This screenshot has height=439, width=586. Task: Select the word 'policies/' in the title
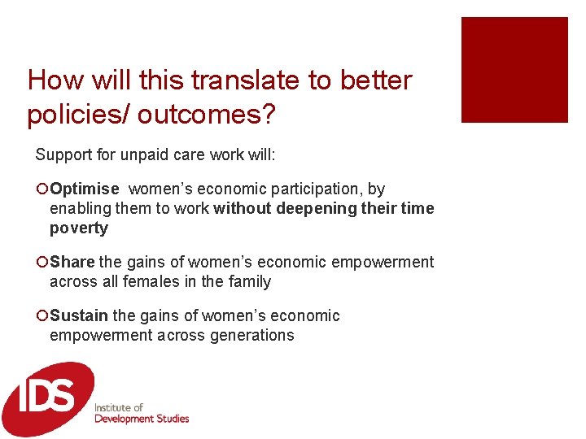click(78, 115)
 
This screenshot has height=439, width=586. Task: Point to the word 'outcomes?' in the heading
click(207, 115)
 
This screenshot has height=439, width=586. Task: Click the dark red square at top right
click(514, 70)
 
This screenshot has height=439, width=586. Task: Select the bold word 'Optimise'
click(84, 189)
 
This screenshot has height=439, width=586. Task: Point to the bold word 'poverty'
click(78, 228)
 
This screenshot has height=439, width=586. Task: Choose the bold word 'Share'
click(72, 263)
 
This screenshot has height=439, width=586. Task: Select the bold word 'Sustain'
click(79, 316)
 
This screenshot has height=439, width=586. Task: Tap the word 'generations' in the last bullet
click(254, 336)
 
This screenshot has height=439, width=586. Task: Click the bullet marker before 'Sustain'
click(42, 316)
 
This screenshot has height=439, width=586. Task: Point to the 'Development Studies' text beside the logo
click(142, 419)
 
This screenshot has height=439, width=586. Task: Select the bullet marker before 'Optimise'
click(42, 189)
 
